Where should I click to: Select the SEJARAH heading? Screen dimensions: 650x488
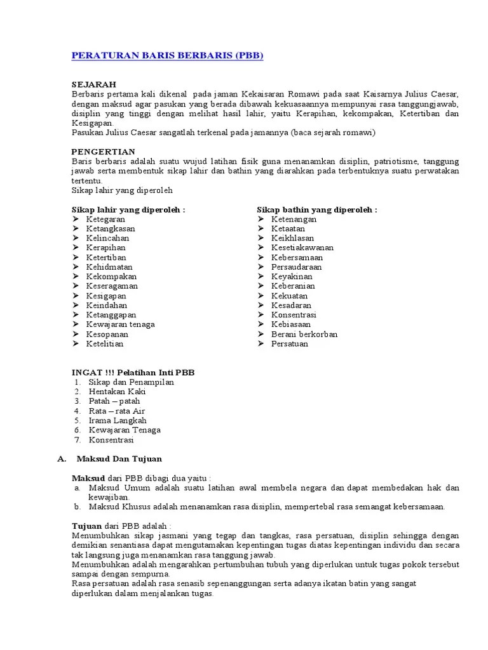tap(94, 84)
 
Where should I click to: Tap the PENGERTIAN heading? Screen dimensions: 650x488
tap(103, 152)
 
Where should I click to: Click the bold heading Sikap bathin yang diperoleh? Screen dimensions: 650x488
tap(316, 209)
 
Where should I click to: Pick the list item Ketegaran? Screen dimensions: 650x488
tap(106, 219)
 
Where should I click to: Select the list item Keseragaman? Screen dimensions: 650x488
tap(112, 286)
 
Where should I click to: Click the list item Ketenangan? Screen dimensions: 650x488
tap(294, 219)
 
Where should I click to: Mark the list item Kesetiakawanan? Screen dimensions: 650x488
tap(302, 248)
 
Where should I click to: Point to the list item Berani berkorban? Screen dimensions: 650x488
tap(304, 334)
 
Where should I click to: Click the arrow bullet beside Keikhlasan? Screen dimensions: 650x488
tap(261, 238)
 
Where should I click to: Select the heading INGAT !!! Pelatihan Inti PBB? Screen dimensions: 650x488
tap(133, 373)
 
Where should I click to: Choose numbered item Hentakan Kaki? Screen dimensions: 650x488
tap(117, 392)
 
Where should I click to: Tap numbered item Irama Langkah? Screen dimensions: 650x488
tap(118, 420)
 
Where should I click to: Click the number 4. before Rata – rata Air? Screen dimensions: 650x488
tap(77, 411)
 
